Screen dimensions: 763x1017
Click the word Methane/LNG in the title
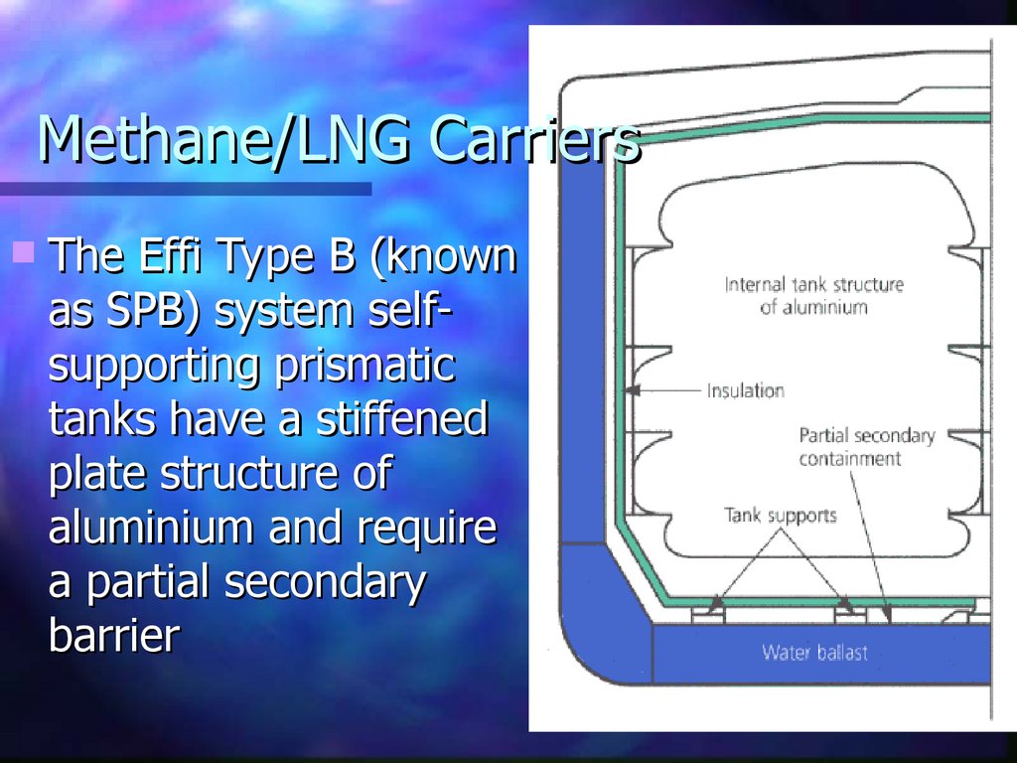click(x=222, y=140)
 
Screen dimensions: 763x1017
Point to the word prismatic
click(x=366, y=365)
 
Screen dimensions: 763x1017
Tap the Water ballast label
click(x=814, y=653)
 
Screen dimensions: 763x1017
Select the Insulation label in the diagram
click(x=745, y=390)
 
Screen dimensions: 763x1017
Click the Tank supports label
click(x=780, y=516)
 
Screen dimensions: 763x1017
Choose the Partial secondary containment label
click(x=866, y=447)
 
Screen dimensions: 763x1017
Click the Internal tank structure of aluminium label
click(x=813, y=295)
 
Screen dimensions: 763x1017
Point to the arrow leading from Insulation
click(x=666, y=390)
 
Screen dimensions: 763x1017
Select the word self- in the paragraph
click(x=402, y=311)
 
